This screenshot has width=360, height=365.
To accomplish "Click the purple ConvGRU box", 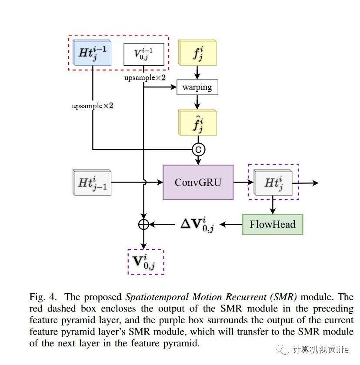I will pos(198,182).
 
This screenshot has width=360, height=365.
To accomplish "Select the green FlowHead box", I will pos(272,224).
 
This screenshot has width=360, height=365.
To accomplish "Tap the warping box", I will pos(197,87).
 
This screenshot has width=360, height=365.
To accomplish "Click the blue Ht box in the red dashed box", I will pos(92,53).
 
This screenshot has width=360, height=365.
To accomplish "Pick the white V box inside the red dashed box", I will pos(143,54).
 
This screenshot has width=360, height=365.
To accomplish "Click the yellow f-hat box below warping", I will pos(197,123).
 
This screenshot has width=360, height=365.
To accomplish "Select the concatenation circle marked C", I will pos(198,150).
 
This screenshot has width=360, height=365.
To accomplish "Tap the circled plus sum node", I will pos(143,224).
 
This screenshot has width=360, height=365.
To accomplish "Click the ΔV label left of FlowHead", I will pos(197,225).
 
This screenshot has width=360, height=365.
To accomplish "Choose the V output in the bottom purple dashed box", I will pos(146,262).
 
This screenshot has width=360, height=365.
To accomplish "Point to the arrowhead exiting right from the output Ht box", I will pos(316,183).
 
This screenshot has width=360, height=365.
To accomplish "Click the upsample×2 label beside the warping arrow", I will pos(145,78).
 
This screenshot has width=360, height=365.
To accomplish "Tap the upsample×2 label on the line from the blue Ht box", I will pos(92,106).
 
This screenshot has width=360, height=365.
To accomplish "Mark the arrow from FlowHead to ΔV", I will pos(231,225).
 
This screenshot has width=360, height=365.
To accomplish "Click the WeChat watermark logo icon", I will pos(284,349).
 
